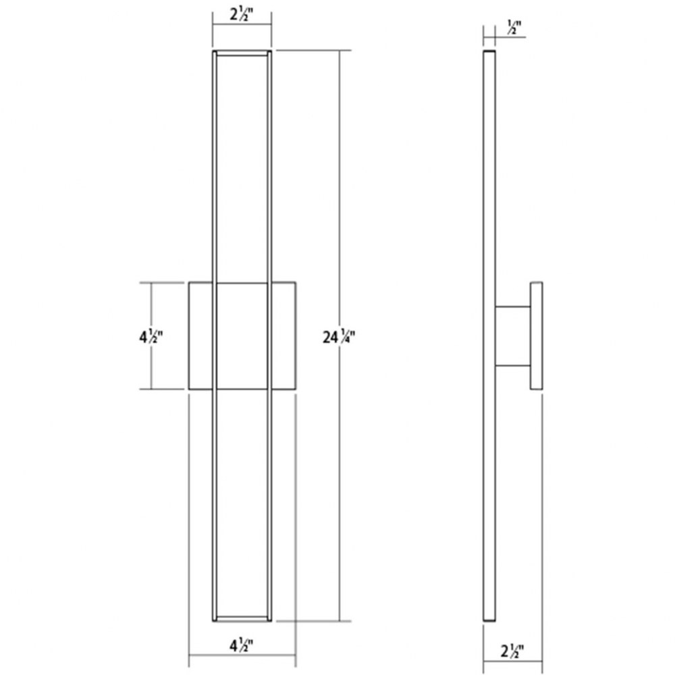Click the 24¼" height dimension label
pyautogui.click(x=338, y=336)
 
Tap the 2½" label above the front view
pyautogui.click(x=241, y=14)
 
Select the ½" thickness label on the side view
pyautogui.click(x=514, y=27)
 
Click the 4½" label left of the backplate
pyautogui.click(x=151, y=336)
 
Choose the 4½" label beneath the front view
pyautogui.click(x=241, y=645)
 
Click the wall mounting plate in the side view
pyautogui.click(x=536, y=335)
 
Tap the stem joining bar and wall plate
pyautogui.click(x=512, y=336)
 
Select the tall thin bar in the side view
pyautogui.click(x=489, y=335)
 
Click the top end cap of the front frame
pyautogui.click(x=242, y=53)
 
